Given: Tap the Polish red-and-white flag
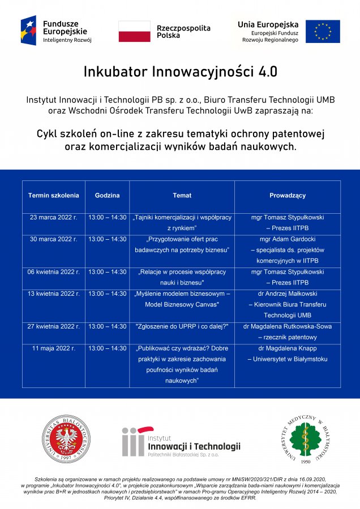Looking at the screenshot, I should click(134, 31).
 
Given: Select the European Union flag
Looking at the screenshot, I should click(323, 31).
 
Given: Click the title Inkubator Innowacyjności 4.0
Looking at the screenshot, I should click(180, 72).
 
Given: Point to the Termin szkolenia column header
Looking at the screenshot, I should click(54, 196).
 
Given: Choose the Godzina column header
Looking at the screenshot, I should click(108, 196).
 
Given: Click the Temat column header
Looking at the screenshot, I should click(182, 196).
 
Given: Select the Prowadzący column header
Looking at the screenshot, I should click(288, 196).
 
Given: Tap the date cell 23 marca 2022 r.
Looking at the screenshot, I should click(54, 217).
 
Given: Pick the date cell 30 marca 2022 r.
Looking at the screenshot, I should click(54, 239).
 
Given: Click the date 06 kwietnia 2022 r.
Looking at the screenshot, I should click(54, 272).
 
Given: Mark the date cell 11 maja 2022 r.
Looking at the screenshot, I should click(54, 348).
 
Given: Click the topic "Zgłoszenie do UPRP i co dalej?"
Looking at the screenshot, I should click(182, 327).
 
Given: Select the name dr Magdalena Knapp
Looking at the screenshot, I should click(288, 348).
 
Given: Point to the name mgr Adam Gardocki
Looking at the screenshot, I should click(288, 239).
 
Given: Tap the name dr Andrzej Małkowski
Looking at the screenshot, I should click(288, 294).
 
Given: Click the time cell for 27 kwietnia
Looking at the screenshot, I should click(108, 327).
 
